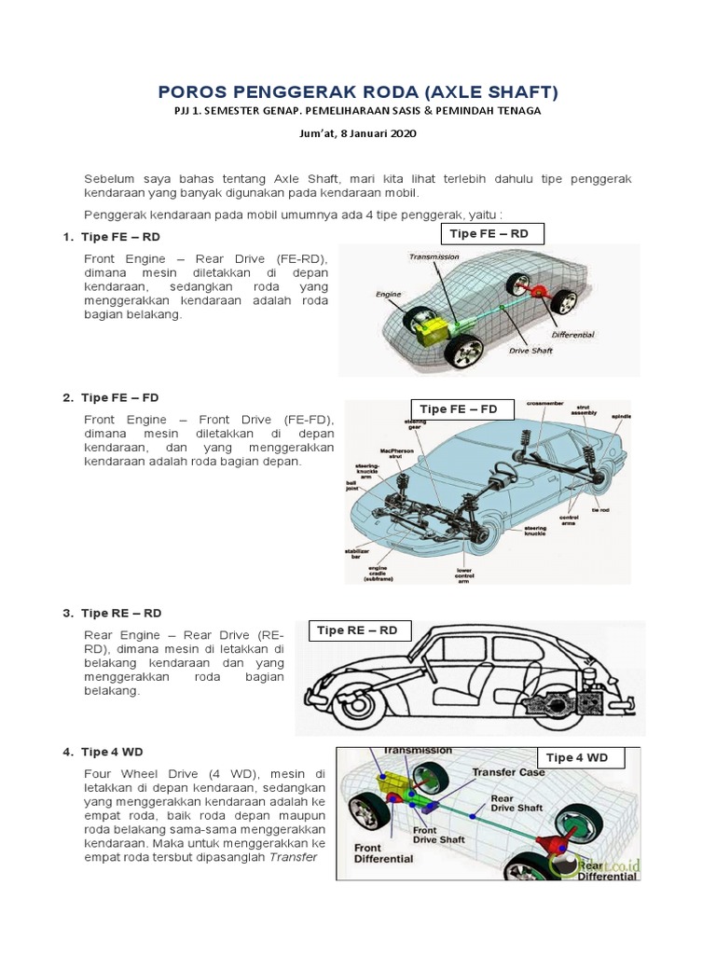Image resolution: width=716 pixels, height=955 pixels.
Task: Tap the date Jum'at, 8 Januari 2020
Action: (x=356, y=133)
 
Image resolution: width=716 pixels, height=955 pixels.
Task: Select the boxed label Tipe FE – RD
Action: (x=489, y=233)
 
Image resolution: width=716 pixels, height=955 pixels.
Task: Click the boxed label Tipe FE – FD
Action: (x=459, y=408)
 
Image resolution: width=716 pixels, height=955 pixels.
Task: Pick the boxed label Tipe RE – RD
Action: (x=357, y=630)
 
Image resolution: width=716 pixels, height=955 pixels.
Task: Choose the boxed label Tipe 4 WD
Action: (x=576, y=757)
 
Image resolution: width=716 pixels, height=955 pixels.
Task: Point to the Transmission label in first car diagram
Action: (x=435, y=256)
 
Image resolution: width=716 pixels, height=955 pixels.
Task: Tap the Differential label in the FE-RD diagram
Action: (x=572, y=334)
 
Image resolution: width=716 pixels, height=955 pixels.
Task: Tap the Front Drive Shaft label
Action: (x=438, y=836)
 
